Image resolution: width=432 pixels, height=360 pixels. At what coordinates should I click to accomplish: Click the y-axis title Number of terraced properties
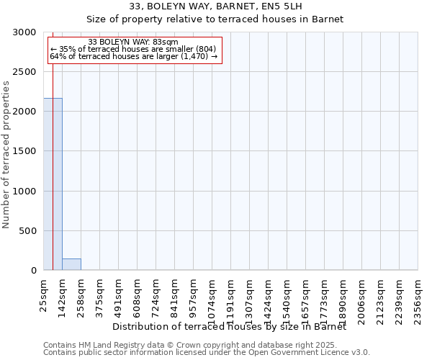tap(7, 154)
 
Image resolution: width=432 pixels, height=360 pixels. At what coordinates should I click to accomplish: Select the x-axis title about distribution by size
tap(230, 326)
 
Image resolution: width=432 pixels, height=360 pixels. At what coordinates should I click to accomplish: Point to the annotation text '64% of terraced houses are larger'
tap(133, 56)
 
